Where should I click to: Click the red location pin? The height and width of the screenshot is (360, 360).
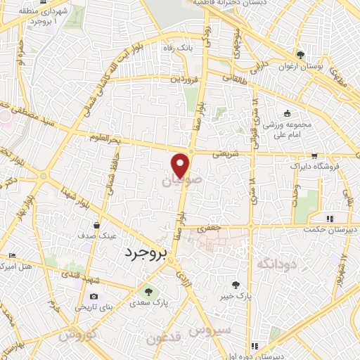(181, 164)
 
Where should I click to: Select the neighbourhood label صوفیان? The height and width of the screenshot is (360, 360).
(176, 181)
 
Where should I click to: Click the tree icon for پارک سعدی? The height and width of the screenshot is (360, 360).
(148, 291)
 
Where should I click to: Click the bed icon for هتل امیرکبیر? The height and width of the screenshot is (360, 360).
(10, 256)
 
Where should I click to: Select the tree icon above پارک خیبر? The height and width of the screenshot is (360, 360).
(237, 285)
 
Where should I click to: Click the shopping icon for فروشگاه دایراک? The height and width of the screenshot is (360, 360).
(314, 158)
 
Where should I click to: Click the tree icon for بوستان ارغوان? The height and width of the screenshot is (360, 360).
(300, 55)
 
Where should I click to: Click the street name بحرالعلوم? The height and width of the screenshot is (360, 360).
(108, 138)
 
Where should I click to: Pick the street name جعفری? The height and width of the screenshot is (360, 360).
(208, 228)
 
